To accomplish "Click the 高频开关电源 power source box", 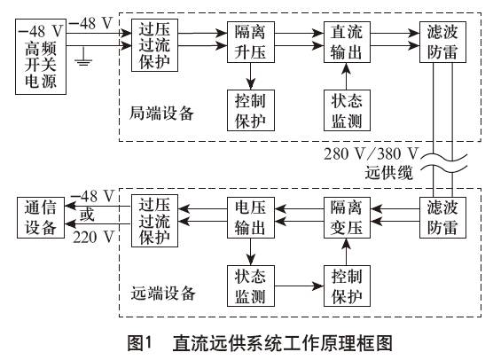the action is tap(41, 57).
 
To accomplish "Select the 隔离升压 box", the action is tap(251, 43).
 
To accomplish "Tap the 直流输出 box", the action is tap(347, 43).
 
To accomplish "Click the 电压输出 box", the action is tap(251, 217).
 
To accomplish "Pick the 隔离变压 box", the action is tap(347, 217).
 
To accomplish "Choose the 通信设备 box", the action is tap(41, 217).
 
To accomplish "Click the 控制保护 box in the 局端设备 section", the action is tap(251, 110).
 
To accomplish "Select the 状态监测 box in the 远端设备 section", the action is tap(251, 286).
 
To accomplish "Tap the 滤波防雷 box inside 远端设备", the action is tap(442, 217).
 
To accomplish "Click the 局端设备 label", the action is tap(161, 113).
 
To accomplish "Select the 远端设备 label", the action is tap(163, 293).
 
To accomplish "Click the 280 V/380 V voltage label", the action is tap(371, 153).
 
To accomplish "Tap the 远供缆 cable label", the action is tap(388, 173).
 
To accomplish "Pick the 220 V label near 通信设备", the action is tap(93, 237).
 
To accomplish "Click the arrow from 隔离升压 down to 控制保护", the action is tap(251, 76).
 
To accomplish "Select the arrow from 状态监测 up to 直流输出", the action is tap(346, 76).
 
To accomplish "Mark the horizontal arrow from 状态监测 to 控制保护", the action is tap(299, 286).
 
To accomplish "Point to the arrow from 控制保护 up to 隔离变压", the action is tap(346, 252).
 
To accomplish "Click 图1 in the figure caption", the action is tap(139, 342).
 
